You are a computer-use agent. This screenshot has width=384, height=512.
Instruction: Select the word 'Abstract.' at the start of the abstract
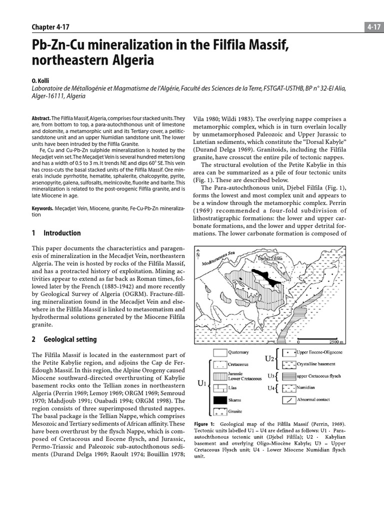(41, 118)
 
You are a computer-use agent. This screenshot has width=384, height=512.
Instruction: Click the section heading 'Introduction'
(62, 233)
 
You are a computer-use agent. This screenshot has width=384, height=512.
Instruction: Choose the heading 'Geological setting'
(70, 339)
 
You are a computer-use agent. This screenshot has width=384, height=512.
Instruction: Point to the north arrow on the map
(198, 253)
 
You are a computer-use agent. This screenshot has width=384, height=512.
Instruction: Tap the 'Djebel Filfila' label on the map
(270, 258)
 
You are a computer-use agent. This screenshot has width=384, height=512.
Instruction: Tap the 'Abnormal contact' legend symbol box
(288, 399)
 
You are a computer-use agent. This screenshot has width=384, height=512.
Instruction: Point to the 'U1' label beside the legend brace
(202, 384)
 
